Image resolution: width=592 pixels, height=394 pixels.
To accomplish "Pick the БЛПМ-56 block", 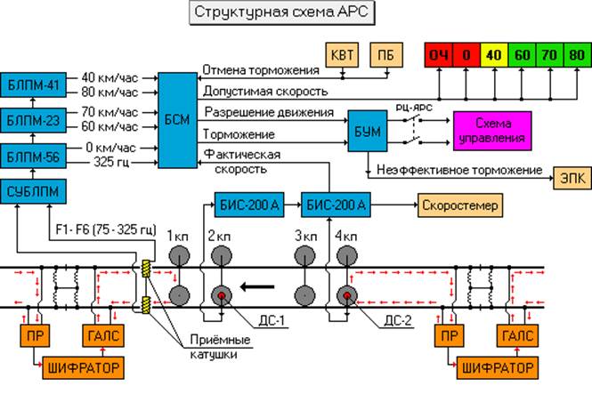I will (x=30, y=154).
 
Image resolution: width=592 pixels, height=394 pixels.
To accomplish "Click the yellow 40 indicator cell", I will (x=493, y=55).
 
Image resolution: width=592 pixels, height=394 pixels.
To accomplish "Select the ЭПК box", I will (x=570, y=175).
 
